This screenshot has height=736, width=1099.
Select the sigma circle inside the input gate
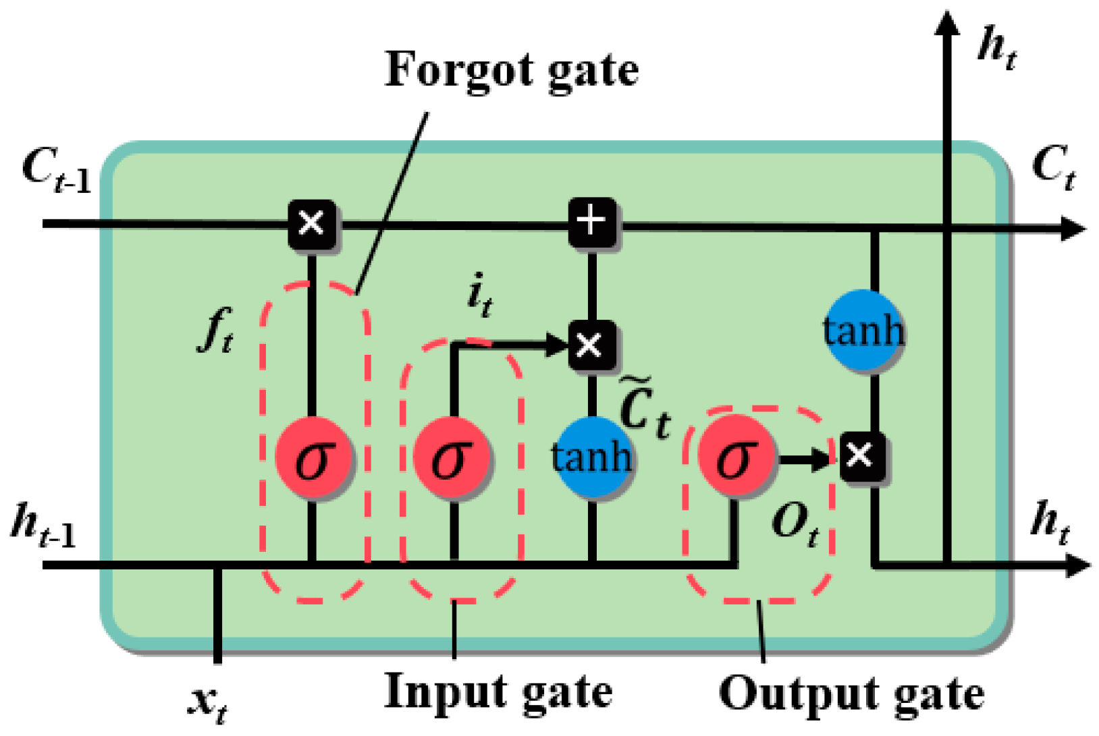tap(451, 458)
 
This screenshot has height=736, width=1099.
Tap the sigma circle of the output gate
tap(736, 457)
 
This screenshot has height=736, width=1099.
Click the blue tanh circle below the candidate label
tap(592, 457)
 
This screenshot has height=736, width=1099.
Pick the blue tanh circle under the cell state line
tap(863, 330)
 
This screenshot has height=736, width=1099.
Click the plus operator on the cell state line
tap(591, 222)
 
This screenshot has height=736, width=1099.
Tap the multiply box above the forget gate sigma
tap(312, 223)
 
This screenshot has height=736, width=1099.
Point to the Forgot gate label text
tap(511, 70)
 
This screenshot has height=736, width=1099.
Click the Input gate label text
tap(498, 692)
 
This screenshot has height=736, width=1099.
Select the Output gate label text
tap(851, 693)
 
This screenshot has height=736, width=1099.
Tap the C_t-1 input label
tap(57, 170)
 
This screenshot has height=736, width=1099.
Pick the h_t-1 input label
tap(43, 526)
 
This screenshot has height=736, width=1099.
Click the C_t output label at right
tap(1053, 167)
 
